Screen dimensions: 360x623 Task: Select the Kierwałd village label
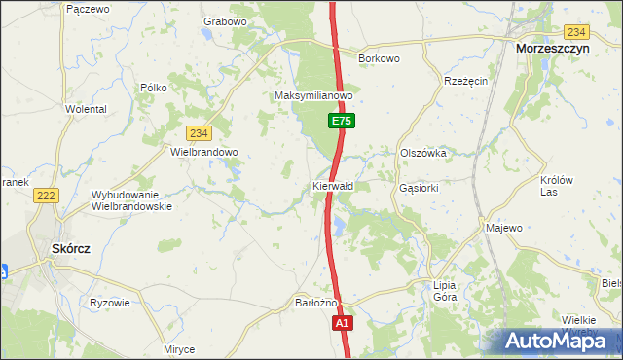tap(333, 186)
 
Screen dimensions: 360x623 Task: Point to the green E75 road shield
tap(340, 121)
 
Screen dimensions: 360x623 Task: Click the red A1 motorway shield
tap(342, 322)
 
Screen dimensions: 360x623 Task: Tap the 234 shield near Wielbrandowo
tap(200, 133)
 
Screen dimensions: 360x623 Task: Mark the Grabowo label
tap(225, 21)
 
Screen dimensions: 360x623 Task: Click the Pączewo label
tap(86, 8)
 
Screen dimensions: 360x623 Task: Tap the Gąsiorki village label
tap(421, 186)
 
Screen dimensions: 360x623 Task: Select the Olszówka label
tap(422, 153)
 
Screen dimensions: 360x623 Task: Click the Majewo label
tap(503, 228)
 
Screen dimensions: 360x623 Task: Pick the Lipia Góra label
tap(445, 291)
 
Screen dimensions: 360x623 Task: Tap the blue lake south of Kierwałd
tap(339, 227)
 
